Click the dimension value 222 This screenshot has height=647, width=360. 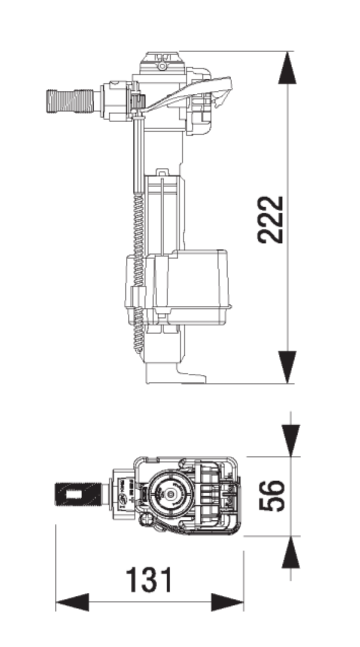[270, 220]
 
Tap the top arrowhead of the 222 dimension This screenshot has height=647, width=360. [287, 67]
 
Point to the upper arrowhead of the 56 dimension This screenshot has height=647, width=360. [291, 441]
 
